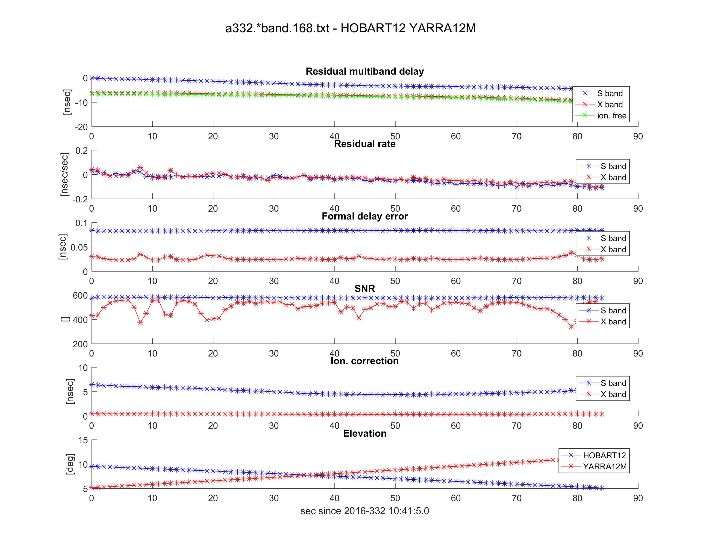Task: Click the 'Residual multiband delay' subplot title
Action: [364, 71]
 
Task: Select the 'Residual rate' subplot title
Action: [364, 144]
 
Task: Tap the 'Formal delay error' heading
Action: [364, 216]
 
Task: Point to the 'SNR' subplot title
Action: [364, 289]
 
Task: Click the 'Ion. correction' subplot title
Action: [364, 361]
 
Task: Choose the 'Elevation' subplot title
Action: [364, 433]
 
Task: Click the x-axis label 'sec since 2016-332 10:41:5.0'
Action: [364, 511]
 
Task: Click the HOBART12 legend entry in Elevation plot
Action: [604, 455]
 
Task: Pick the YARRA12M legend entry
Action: [605, 467]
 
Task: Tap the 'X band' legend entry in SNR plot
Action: [613, 322]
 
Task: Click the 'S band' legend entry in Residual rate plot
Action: [613, 166]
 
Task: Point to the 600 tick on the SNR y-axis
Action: [80, 296]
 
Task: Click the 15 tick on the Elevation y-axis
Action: [83, 440]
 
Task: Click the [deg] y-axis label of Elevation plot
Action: [70, 464]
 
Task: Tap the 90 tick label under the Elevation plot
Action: [638, 498]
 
